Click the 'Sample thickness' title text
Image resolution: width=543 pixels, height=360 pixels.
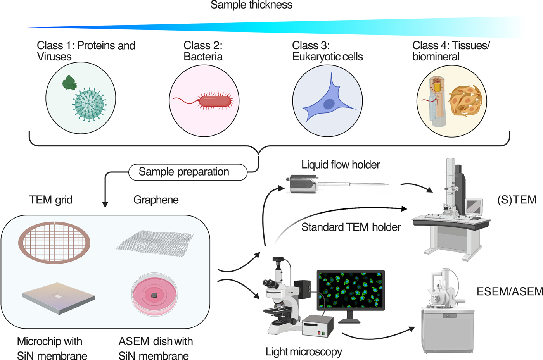tap(251, 5)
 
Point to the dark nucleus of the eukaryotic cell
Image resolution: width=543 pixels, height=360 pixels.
tap(329, 104)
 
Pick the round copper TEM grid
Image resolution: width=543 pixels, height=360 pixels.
tap(54, 243)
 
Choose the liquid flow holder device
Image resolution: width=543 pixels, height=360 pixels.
tap(306, 183)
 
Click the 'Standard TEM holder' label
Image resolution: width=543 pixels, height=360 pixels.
tap(351, 227)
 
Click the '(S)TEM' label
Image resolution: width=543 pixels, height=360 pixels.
tap(517, 200)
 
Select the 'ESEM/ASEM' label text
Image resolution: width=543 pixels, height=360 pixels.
tap(509, 291)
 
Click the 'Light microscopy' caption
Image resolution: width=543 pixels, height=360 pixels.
tap(304, 351)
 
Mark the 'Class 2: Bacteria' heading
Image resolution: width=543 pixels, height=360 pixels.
tap(203, 51)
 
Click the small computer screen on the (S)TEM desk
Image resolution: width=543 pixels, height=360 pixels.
tap(474, 207)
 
